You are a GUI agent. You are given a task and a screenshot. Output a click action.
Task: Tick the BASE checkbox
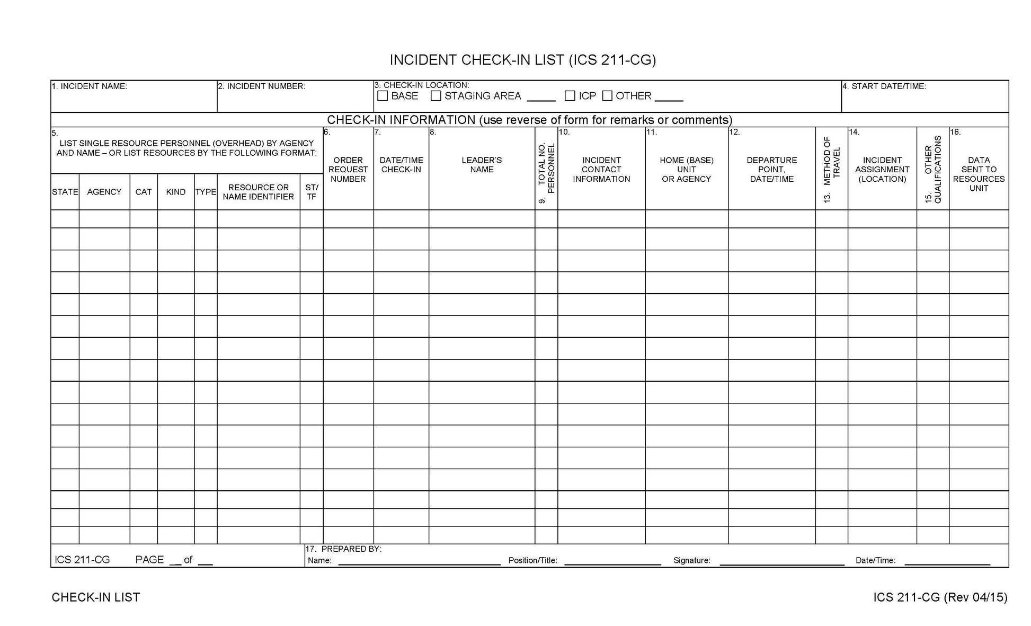click(383, 96)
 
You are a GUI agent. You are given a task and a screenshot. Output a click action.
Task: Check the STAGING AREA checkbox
click(436, 96)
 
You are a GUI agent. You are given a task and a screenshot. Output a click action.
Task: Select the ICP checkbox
click(570, 96)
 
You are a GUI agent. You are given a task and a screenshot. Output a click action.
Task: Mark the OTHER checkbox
click(607, 96)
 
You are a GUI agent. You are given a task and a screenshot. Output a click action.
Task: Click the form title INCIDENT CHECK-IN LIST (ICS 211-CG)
click(522, 60)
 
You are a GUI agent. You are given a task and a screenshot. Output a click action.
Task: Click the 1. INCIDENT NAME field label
click(90, 86)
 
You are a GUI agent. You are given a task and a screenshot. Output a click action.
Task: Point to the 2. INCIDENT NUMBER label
click(262, 86)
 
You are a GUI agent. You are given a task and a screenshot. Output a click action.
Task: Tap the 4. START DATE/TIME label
click(884, 86)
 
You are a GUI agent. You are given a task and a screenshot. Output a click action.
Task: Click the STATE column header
click(65, 192)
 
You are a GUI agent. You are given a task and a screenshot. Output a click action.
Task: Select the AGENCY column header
click(104, 192)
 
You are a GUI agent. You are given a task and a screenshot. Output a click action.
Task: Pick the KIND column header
click(175, 192)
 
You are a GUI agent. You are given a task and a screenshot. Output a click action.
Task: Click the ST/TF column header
click(312, 192)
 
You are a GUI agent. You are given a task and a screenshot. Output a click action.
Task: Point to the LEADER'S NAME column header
click(482, 165)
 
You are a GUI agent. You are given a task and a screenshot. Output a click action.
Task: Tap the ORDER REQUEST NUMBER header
click(348, 170)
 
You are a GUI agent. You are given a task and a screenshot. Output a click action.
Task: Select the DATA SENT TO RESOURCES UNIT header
click(979, 174)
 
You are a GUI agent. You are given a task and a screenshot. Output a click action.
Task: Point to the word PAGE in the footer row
click(149, 560)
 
